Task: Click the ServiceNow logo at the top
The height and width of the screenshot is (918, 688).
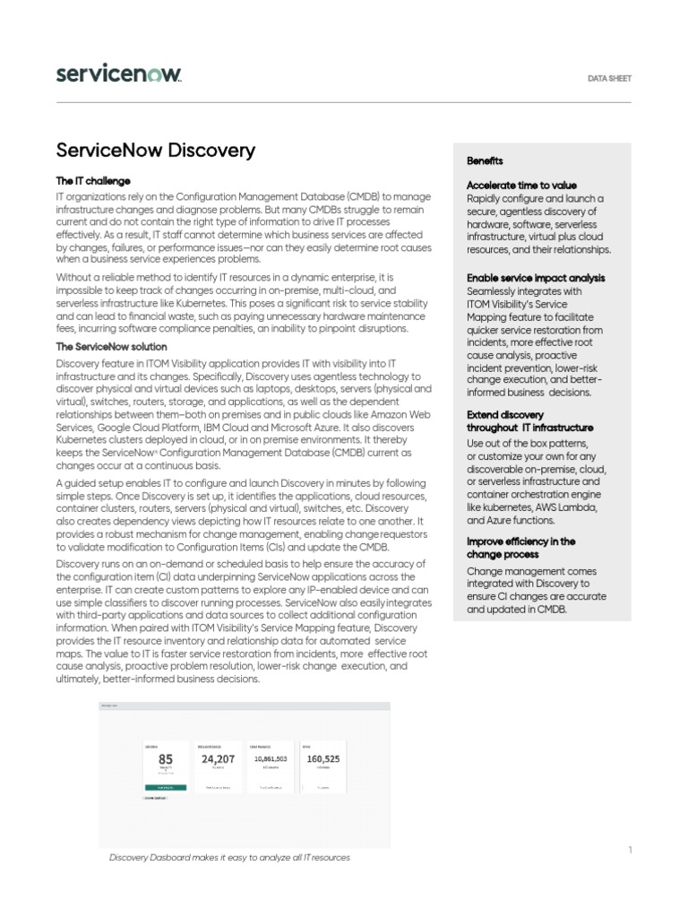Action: click(x=119, y=74)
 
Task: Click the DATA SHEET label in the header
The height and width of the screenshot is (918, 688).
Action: click(x=609, y=79)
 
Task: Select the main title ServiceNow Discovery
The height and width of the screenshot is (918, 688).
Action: click(x=156, y=150)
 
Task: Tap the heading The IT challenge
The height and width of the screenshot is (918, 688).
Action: click(x=93, y=181)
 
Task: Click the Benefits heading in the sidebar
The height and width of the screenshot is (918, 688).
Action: click(x=485, y=161)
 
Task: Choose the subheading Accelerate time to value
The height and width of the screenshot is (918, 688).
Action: click(x=521, y=186)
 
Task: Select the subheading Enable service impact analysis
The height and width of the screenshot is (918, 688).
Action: click(x=536, y=279)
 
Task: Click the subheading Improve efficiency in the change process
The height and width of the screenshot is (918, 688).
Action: click(x=520, y=548)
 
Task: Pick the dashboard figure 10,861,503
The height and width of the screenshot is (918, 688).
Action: click(x=269, y=759)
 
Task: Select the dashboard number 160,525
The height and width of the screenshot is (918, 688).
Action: click(x=322, y=758)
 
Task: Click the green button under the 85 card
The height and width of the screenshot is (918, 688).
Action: click(x=166, y=787)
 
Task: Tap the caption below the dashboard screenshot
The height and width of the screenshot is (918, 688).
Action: click(x=229, y=858)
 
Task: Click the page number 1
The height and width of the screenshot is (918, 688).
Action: click(x=630, y=850)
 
